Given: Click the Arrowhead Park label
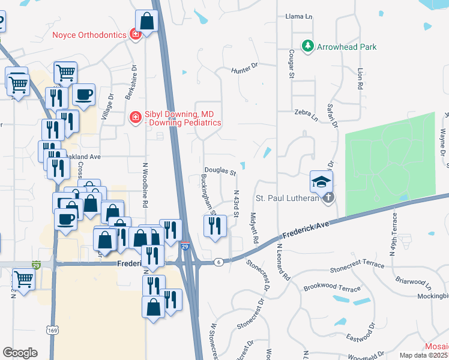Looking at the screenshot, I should [347, 46].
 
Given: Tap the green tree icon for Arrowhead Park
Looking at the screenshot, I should [308, 46].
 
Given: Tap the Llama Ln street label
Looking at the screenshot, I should [300, 16].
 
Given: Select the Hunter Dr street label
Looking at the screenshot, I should [244, 71].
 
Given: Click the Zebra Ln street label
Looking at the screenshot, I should [306, 112].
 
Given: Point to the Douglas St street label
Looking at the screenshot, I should [220, 171].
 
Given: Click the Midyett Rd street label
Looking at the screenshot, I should [254, 228].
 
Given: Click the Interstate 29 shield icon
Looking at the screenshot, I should [185, 247].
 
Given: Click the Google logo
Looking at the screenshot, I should [20, 353].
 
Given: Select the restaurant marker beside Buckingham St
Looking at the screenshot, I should [215, 226].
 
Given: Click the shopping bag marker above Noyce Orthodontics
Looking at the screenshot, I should [146, 22].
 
